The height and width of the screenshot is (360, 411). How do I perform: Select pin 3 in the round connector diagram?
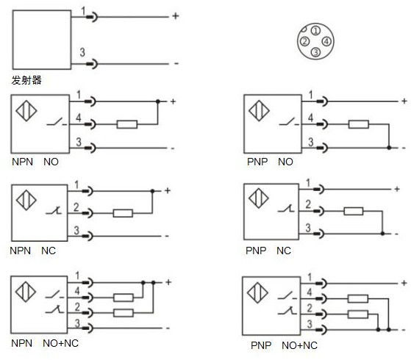pyautogui.click(x=315, y=52)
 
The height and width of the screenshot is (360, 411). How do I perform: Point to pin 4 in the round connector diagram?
pyautogui.click(x=326, y=42)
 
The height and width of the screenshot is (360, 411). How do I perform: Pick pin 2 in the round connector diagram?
pyautogui.click(x=304, y=42)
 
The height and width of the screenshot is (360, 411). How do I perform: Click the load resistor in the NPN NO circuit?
pyautogui.click(x=126, y=124)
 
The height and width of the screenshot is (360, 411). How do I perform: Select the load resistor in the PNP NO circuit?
pyautogui.click(x=358, y=124)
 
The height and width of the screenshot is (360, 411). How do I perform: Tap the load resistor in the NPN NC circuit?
pyautogui.click(x=122, y=214)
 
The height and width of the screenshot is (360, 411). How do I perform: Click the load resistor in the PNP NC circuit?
pyautogui.click(x=354, y=212)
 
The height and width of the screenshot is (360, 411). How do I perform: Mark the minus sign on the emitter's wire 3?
pyautogui.click(x=176, y=64)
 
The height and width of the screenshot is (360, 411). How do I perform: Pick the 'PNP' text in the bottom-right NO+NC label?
pyautogui.click(x=261, y=345)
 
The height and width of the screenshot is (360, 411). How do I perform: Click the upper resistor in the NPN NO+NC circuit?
pyautogui.click(x=124, y=298)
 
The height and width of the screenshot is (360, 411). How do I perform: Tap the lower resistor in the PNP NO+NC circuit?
pyautogui.click(x=357, y=314)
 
